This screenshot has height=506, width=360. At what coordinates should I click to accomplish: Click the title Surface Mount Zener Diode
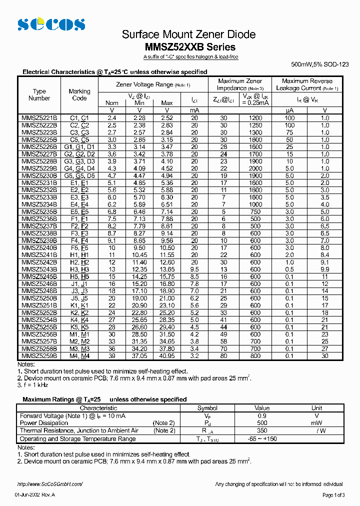point(189,34)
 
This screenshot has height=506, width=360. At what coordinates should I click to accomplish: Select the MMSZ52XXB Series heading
point(190,47)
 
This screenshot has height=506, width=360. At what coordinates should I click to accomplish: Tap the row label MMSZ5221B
point(39,118)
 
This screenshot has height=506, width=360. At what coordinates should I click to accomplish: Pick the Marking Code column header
point(79,95)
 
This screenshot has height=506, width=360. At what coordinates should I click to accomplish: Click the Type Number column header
point(39,95)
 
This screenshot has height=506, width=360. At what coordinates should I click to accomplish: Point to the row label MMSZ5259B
point(39,355)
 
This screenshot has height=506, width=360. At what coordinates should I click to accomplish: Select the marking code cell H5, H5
point(79,276)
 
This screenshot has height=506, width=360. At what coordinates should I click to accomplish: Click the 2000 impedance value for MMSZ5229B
point(255,168)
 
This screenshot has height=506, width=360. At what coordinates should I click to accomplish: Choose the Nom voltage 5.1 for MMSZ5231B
point(112,183)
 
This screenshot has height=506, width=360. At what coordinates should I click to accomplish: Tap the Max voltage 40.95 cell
point(167,355)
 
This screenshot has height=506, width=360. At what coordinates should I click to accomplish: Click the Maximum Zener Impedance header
point(240,84)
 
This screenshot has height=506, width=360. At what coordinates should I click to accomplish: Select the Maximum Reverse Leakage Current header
point(307,84)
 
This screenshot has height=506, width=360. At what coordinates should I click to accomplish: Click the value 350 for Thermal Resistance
point(262,430)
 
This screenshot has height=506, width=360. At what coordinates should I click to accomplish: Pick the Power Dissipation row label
point(44,423)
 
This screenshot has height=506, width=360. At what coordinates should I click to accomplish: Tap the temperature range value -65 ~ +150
point(262,438)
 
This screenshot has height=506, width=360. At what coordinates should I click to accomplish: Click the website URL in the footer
point(49,484)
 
